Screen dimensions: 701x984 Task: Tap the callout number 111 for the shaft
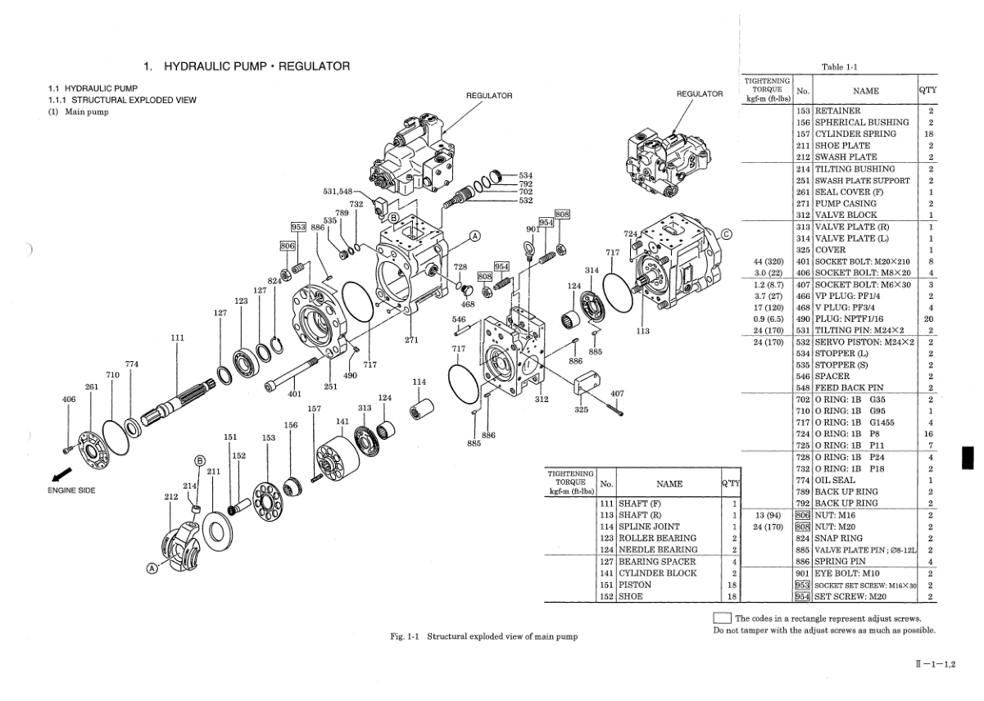pyautogui.click(x=178, y=337)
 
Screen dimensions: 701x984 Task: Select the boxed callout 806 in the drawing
pyautogui.click(x=287, y=245)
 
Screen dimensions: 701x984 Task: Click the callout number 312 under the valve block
pyautogui.click(x=542, y=400)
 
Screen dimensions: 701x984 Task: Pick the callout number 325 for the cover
pyautogui.click(x=580, y=409)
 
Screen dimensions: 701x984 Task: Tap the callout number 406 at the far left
pyautogui.click(x=69, y=400)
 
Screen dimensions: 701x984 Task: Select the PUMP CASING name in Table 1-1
pyautogui.click(x=846, y=203)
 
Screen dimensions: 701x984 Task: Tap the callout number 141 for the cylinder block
pyautogui.click(x=342, y=421)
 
